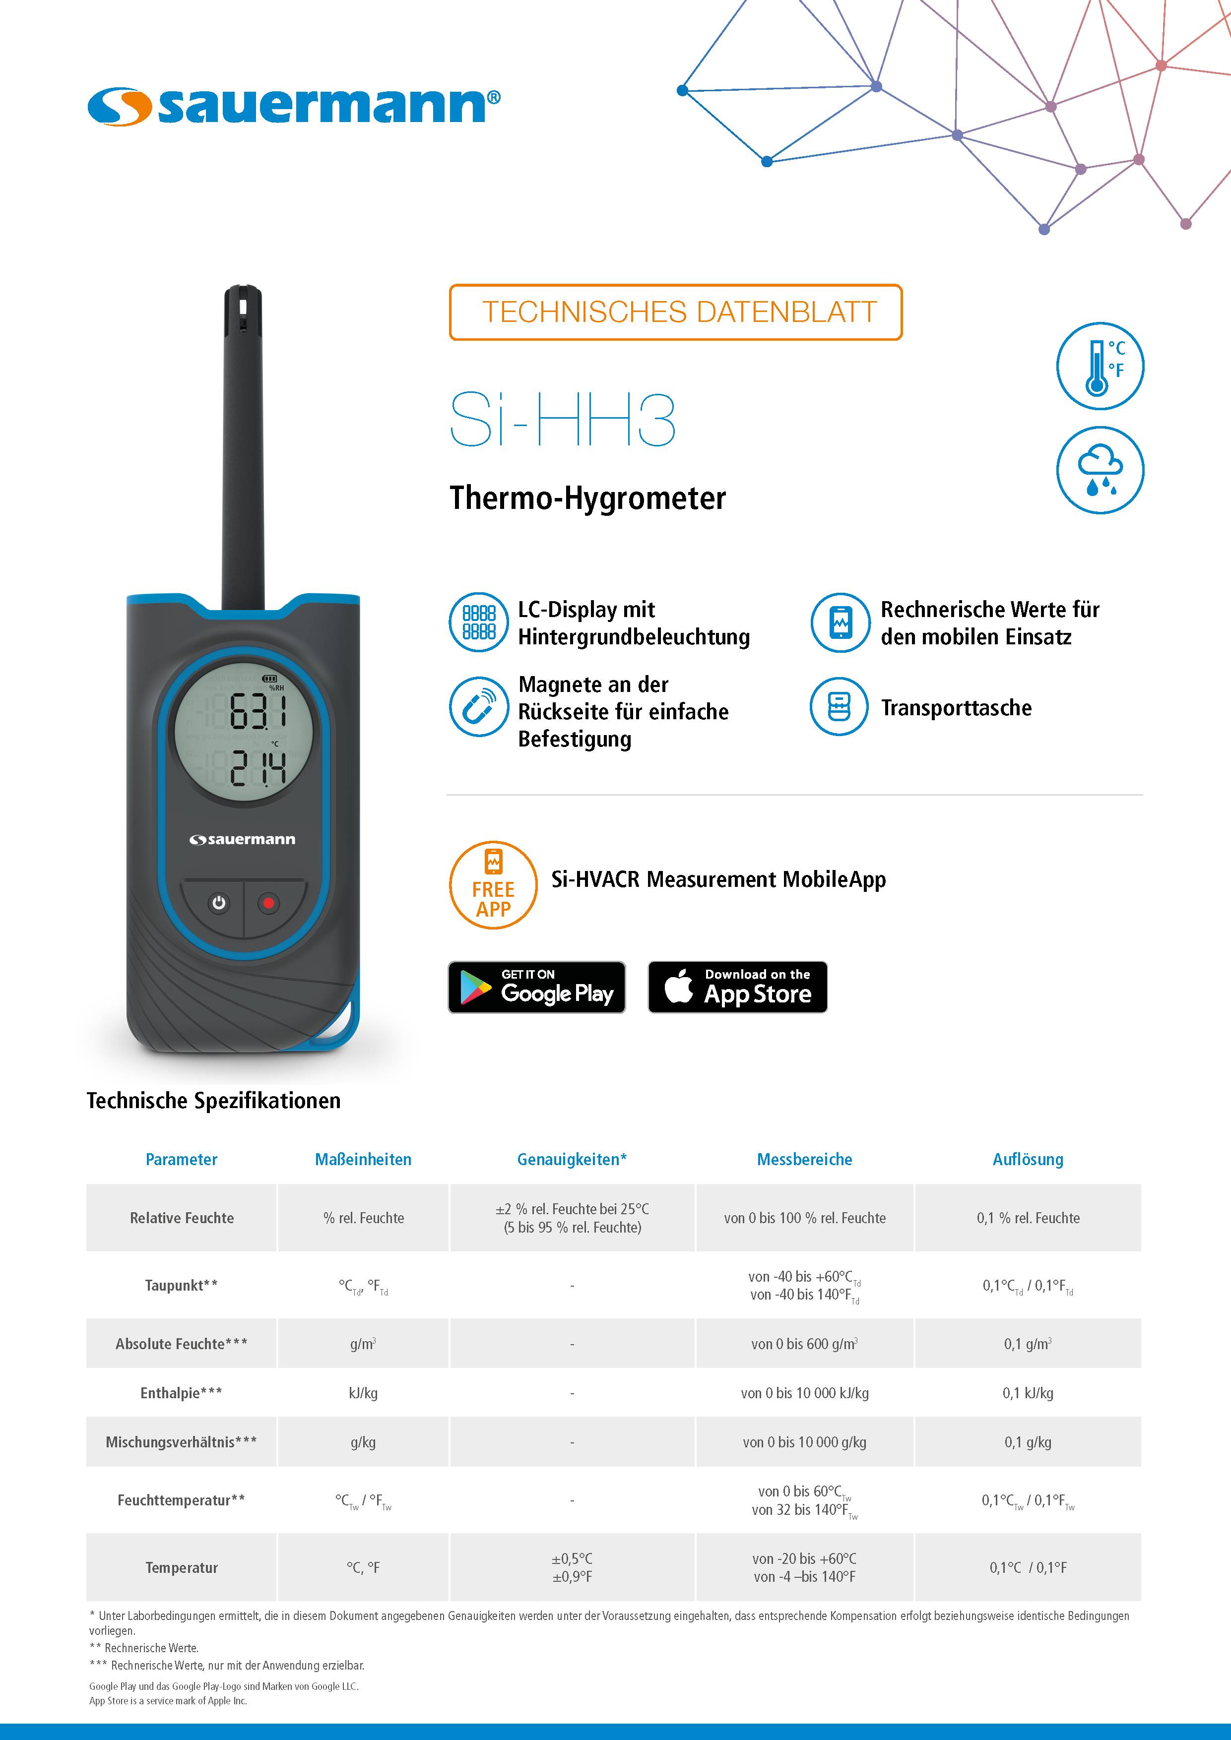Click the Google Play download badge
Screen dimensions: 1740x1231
537,987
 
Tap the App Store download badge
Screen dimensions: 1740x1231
737,987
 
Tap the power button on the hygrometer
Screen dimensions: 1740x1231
219,903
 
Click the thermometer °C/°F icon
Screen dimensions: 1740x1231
1100,366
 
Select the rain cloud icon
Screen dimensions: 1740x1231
1100,470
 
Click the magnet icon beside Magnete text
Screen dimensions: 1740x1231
478,706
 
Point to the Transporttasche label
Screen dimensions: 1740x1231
956,708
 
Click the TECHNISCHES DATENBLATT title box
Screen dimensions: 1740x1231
675,312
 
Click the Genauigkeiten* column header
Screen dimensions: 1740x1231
572,1159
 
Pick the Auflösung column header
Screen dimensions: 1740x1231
1028,1159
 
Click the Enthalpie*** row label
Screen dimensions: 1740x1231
181,1393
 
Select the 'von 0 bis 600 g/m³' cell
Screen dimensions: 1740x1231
804,1344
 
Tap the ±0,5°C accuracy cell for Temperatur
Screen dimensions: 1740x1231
572,1567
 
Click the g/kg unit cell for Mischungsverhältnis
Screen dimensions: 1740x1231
363,1442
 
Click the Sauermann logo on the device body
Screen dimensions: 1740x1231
243,840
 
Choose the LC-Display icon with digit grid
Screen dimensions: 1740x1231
478,622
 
